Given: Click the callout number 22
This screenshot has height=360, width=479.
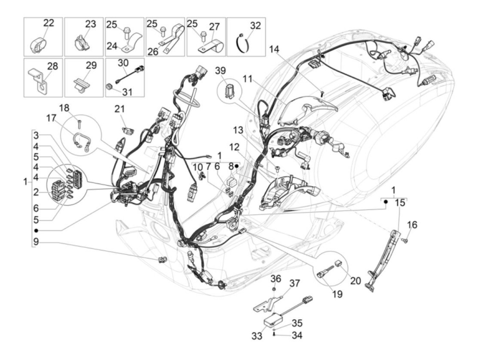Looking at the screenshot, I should point(49,23).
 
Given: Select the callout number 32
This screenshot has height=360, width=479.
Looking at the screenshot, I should point(255,26).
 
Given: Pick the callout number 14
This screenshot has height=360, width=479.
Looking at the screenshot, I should point(274,49).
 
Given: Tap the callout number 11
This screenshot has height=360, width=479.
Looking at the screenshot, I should point(257,79).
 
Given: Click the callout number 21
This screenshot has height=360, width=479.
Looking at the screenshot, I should point(119,109).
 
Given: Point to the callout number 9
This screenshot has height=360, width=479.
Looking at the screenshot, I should point(36,242).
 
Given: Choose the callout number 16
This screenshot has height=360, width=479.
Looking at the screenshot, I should point(412,225).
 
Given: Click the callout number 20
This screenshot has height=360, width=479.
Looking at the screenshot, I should point(355,281).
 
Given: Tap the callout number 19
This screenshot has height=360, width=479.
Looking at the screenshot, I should point(337,294).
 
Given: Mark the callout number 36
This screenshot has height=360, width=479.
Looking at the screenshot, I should point(276,279).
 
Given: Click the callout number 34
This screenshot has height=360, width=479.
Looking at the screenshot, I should point(297,335).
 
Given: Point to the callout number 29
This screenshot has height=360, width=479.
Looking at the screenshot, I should point(91,65).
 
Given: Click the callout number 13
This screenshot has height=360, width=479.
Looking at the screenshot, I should point(238,130).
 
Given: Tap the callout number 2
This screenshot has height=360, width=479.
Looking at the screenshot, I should point(36,193).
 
